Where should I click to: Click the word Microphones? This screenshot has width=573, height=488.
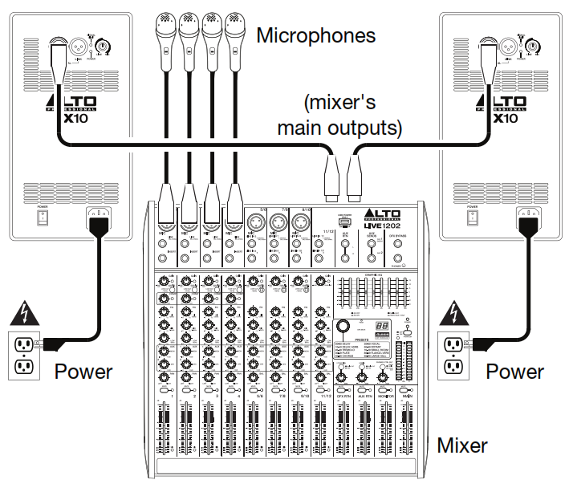click(x=315, y=35)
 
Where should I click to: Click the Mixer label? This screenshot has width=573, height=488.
click(x=461, y=444)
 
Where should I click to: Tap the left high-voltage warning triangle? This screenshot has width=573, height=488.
click(x=25, y=311)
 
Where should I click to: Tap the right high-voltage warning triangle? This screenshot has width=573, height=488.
click(x=456, y=311)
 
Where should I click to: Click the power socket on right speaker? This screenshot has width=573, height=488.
click(x=529, y=216)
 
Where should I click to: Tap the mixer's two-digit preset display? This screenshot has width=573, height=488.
click(x=383, y=328)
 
